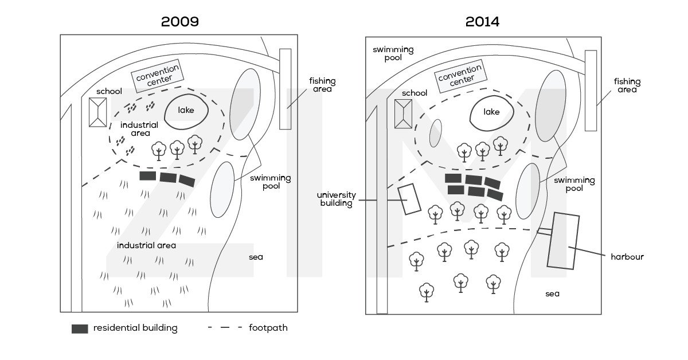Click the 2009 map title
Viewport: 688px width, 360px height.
point(179,22)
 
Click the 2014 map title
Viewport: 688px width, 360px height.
point(482,22)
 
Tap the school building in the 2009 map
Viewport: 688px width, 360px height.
point(97,112)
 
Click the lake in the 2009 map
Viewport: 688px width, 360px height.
point(186,111)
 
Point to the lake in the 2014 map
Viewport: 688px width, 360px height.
point(491,112)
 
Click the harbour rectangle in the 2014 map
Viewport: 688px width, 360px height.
point(563,240)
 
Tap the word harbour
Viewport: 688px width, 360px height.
point(627,257)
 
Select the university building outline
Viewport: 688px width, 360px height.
point(409,199)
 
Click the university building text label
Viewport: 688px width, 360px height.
point(336,199)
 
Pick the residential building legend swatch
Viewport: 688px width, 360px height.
point(80,328)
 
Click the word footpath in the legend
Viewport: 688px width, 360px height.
point(268,328)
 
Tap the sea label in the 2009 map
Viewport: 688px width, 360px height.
point(256,257)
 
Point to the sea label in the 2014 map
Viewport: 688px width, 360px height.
point(552,294)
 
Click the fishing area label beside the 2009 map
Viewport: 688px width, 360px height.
point(322,85)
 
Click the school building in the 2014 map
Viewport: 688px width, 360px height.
point(404,113)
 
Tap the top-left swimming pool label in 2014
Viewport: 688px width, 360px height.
point(387,53)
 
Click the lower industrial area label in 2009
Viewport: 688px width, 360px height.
point(146,245)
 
